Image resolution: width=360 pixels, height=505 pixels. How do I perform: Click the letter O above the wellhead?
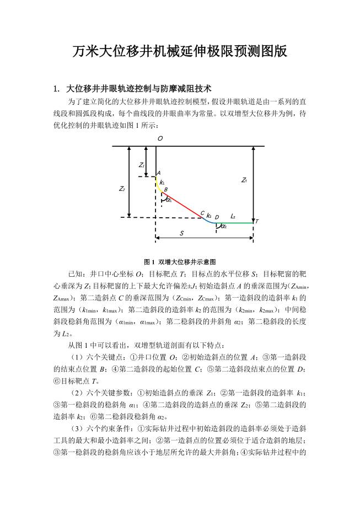click(x=160, y=138)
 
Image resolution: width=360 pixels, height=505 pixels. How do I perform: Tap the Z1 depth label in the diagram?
click(x=141, y=165)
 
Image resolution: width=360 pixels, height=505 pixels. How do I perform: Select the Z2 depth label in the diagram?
click(x=122, y=189)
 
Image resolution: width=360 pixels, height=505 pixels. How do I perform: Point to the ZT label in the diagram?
click(x=244, y=180)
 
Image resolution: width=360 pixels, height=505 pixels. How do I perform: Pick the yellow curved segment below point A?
click(x=158, y=185)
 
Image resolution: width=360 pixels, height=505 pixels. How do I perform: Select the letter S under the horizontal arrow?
click(x=182, y=233)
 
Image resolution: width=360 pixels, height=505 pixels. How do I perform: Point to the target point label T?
click(x=257, y=221)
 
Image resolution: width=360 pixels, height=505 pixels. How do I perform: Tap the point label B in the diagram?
click(x=165, y=189)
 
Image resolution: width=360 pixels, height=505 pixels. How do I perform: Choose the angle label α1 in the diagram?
click(x=169, y=200)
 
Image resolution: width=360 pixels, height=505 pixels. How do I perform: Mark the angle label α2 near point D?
click(x=223, y=227)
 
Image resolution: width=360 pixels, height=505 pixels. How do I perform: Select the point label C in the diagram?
click(x=202, y=213)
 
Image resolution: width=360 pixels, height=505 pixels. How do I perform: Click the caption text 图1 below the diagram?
click(x=148, y=261)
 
